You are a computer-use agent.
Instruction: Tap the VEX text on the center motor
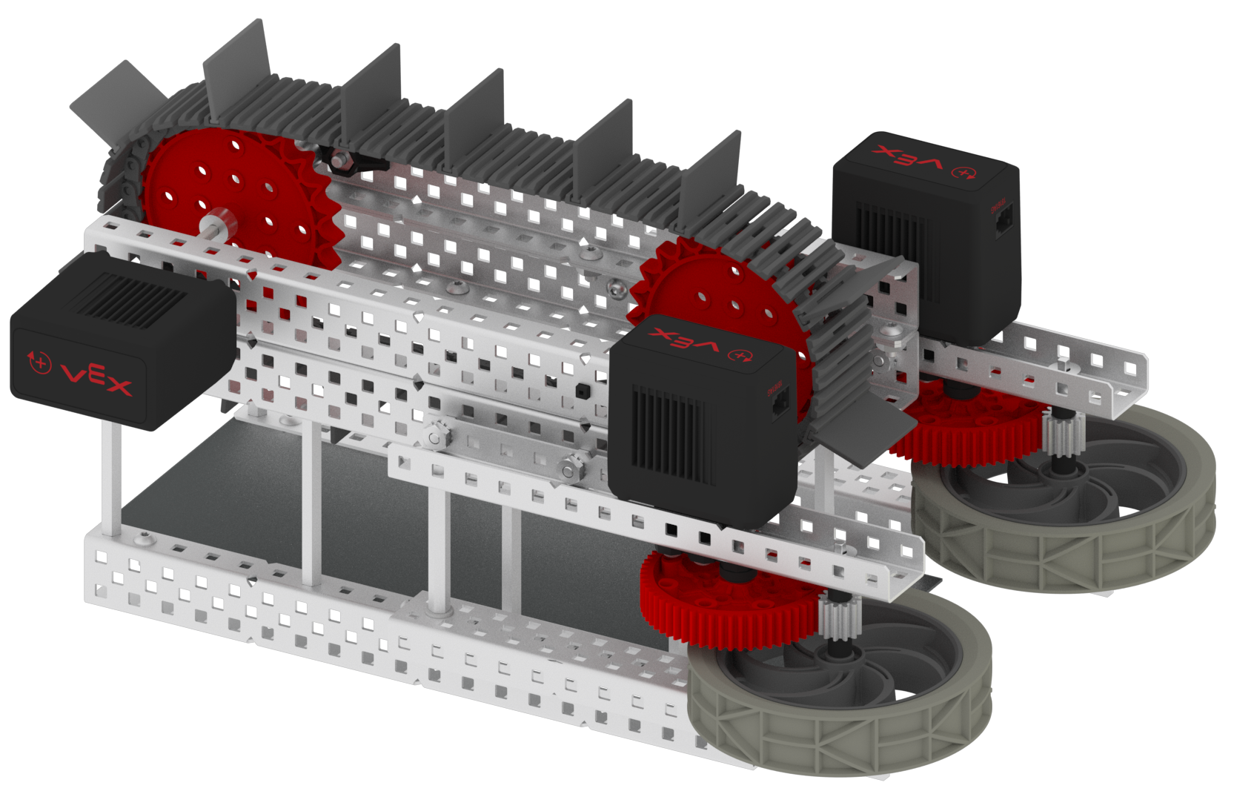[x=685, y=341]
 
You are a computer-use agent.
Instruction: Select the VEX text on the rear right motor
[x=909, y=159]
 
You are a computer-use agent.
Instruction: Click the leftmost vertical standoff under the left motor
[x=110, y=474]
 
